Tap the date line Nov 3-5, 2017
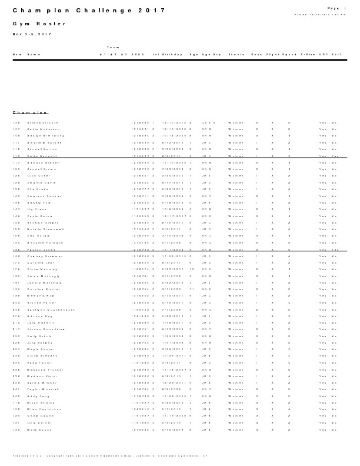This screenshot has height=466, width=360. [33, 35]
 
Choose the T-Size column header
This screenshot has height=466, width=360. [307, 54]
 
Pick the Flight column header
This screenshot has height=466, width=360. [272, 54]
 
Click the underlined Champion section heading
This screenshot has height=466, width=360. [30, 112]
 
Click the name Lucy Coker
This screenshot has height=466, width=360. [38, 176]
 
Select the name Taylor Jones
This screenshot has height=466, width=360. [40, 250]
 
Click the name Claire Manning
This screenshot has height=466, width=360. [41, 270]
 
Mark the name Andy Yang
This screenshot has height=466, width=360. [37, 396]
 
